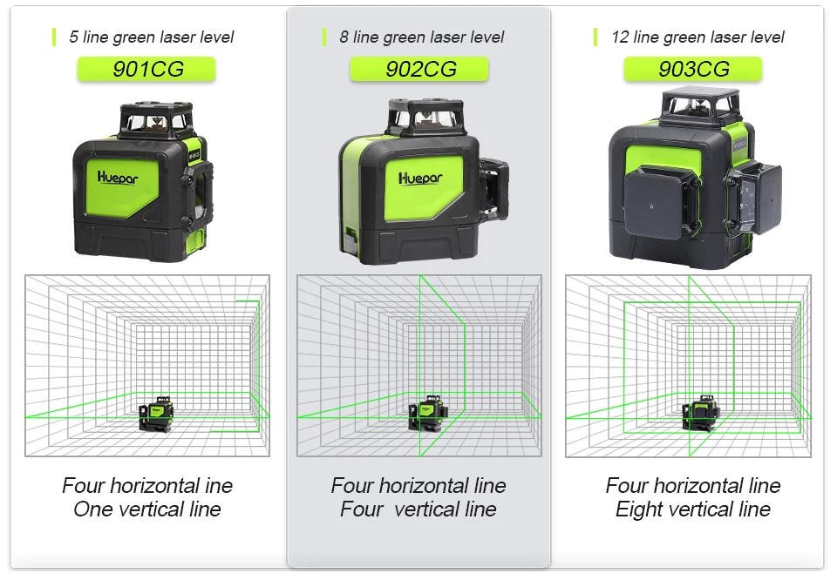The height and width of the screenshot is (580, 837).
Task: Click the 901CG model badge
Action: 147,70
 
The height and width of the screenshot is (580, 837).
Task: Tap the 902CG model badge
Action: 419,70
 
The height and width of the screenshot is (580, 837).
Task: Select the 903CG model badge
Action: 693,70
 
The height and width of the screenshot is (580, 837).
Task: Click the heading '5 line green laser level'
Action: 151,37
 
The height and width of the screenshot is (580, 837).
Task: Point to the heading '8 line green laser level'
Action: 421,37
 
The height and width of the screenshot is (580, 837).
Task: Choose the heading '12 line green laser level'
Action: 697,37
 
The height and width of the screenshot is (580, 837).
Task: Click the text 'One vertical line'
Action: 147,509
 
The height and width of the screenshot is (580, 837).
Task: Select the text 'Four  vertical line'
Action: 418,509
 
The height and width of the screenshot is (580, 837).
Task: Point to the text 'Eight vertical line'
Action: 693,509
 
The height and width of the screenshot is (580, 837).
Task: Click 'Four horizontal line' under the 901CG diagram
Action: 147,485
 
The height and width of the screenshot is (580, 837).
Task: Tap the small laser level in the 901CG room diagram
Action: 156,412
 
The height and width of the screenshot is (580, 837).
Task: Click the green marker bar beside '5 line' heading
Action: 54,37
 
